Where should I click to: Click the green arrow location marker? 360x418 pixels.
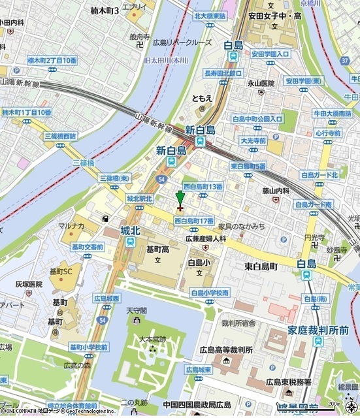180,199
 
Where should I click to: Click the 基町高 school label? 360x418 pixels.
157,249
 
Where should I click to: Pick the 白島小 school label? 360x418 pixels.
199,263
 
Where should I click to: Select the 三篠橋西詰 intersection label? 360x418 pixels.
59,136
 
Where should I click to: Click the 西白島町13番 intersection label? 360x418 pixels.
203,186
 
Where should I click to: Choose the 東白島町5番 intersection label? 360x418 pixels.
248,167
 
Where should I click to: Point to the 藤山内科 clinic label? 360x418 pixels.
275,191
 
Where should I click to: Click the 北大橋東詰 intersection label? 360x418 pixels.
210,16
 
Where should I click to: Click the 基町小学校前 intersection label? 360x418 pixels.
89,347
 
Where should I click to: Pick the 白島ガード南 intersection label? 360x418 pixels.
314,204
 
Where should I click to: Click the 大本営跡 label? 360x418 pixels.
153,339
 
